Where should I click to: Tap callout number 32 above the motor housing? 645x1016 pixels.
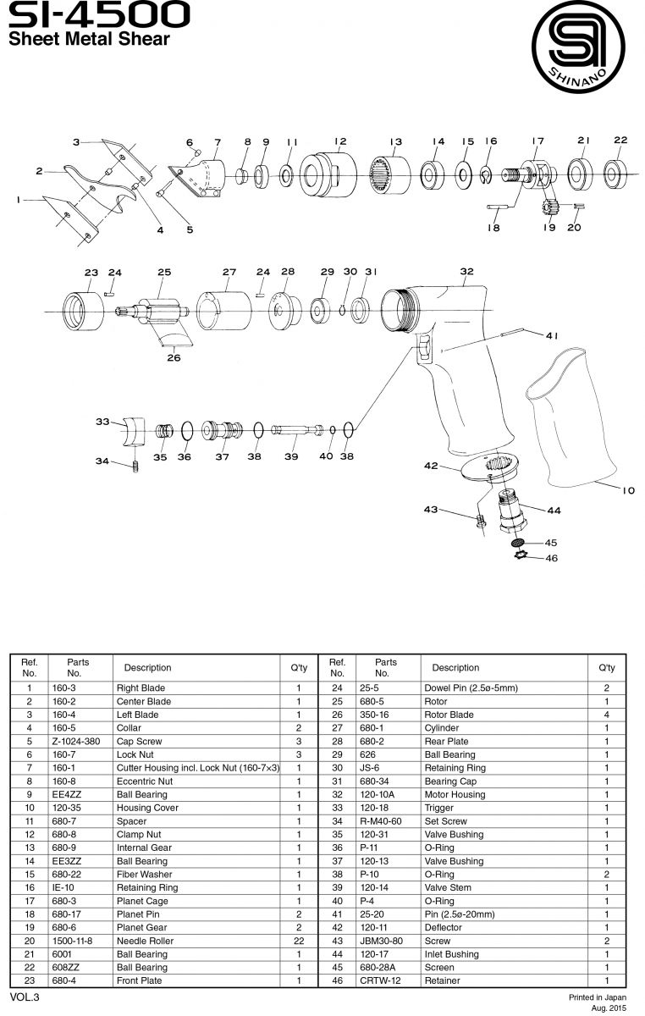[466, 271]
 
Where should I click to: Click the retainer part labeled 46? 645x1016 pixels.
[523, 555]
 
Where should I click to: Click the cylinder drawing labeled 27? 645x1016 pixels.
[225, 309]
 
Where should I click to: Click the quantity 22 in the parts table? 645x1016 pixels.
[298, 941]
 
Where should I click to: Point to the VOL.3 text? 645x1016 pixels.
[25, 997]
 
